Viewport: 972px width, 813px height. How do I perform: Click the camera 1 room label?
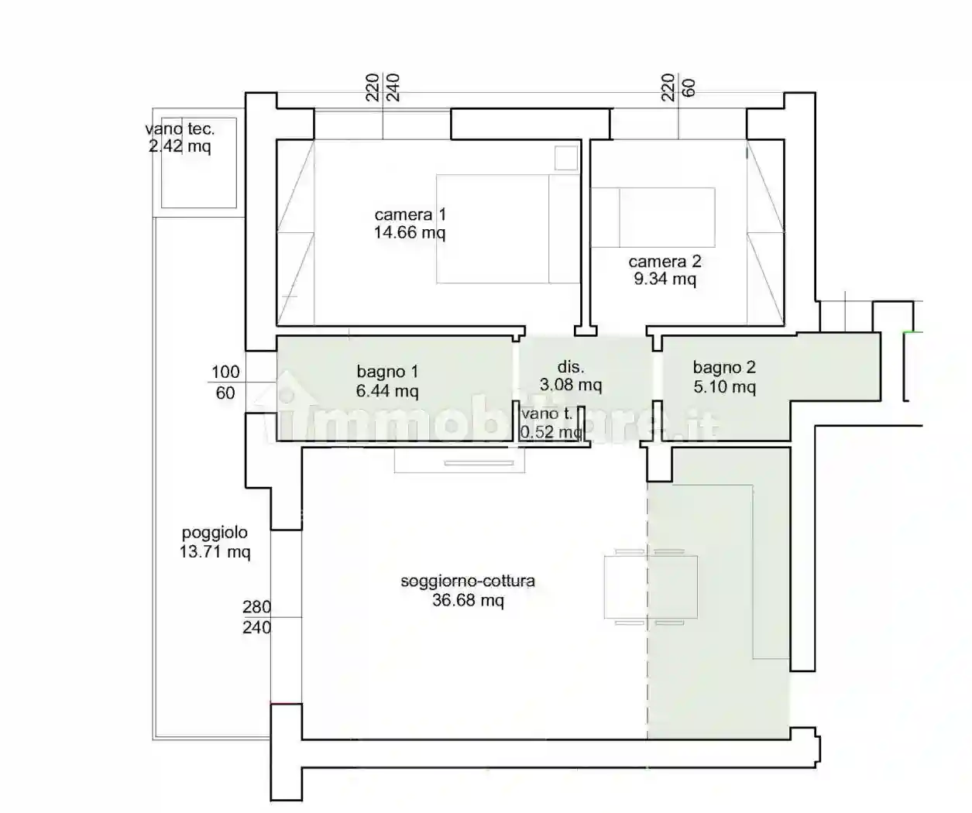[x=410, y=214]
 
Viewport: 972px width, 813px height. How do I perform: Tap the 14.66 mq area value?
[x=410, y=233]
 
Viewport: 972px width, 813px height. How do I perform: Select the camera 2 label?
[x=665, y=262]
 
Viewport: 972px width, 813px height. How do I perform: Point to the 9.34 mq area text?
[x=665, y=280]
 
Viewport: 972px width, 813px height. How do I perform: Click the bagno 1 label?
[x=387, y=372]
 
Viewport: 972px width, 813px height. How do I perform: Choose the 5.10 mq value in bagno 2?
[x=724, y=386]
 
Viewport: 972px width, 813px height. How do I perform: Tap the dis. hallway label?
[x=571, y=367]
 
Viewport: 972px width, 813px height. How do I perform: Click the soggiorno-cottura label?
[x=468, y=581]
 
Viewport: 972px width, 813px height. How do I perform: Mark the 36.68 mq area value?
[x=468, y=600]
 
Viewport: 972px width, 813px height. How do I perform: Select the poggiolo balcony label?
[x=215, y=533]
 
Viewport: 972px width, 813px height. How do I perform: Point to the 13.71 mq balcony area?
[x=215, y=552]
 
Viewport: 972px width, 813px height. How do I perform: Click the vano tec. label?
[x=180, y=129]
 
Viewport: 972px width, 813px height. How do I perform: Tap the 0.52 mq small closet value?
[x=551, y=432]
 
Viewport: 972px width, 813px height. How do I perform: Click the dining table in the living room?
[x=651, y=587]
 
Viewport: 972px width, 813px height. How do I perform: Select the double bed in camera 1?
[x=508, y=229]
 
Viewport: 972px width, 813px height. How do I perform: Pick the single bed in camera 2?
[x=653, y=218]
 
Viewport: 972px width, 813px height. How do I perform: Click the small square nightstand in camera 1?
[x=566, y=158]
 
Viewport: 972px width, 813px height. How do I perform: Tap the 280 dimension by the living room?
[x=256, y=607]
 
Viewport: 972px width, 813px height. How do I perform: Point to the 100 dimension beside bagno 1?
[x=225, y=372]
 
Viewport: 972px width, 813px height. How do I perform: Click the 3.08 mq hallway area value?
[x=571, y=385]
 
